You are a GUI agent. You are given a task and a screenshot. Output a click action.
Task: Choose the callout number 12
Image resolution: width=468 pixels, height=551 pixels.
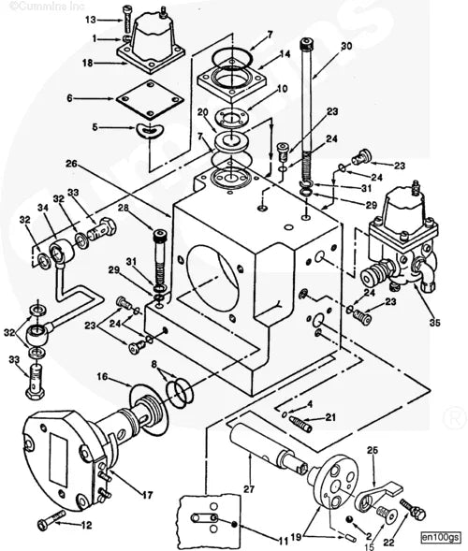point(86,524)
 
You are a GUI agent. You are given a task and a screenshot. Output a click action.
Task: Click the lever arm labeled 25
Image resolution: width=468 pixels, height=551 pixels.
point(383,487)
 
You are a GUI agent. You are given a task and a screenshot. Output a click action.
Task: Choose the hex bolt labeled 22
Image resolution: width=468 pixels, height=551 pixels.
point(415,513)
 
